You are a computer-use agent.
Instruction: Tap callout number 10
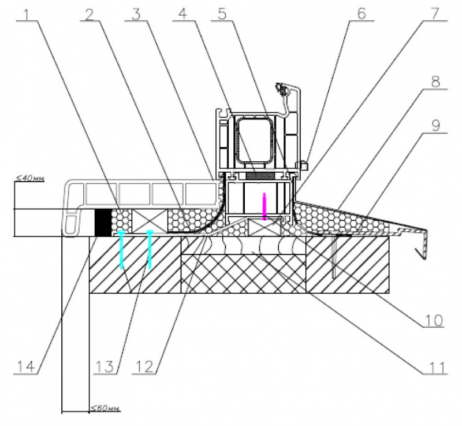click(434, 319)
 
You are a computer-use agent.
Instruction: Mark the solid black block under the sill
click(102, 221)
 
